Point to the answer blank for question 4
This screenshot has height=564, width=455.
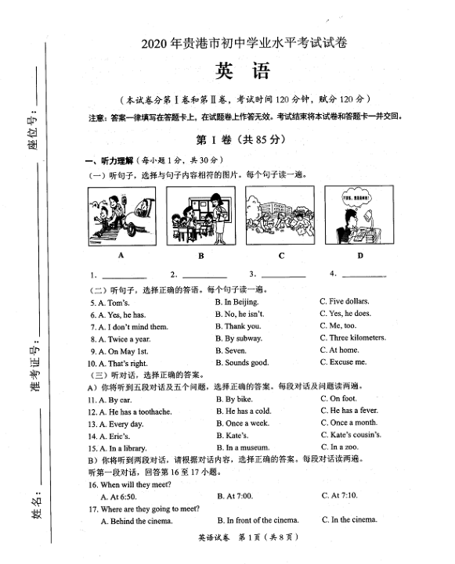363,275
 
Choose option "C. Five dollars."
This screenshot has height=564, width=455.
345,301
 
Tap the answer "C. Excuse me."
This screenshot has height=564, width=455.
343,363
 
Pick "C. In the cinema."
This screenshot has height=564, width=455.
348,520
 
